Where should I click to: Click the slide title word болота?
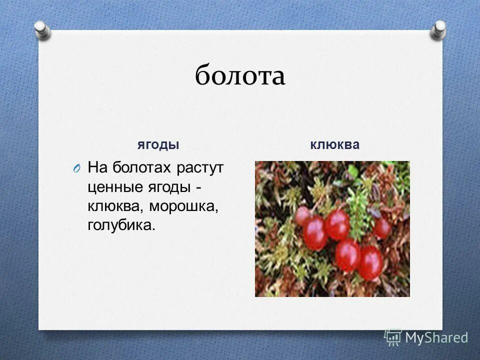pyautogui.click(x=240, y=76)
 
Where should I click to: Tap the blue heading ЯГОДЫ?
pyautogui.click(x=158, y=145)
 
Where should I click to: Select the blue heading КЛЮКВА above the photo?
pyautogui.click(x=334, y=145)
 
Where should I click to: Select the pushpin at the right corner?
pyautogui.click(x=438, y=29)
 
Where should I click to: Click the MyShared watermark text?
pyautogui.click(x=436, y=338)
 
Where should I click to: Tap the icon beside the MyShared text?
pyautogui.click(x=393, y=337)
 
